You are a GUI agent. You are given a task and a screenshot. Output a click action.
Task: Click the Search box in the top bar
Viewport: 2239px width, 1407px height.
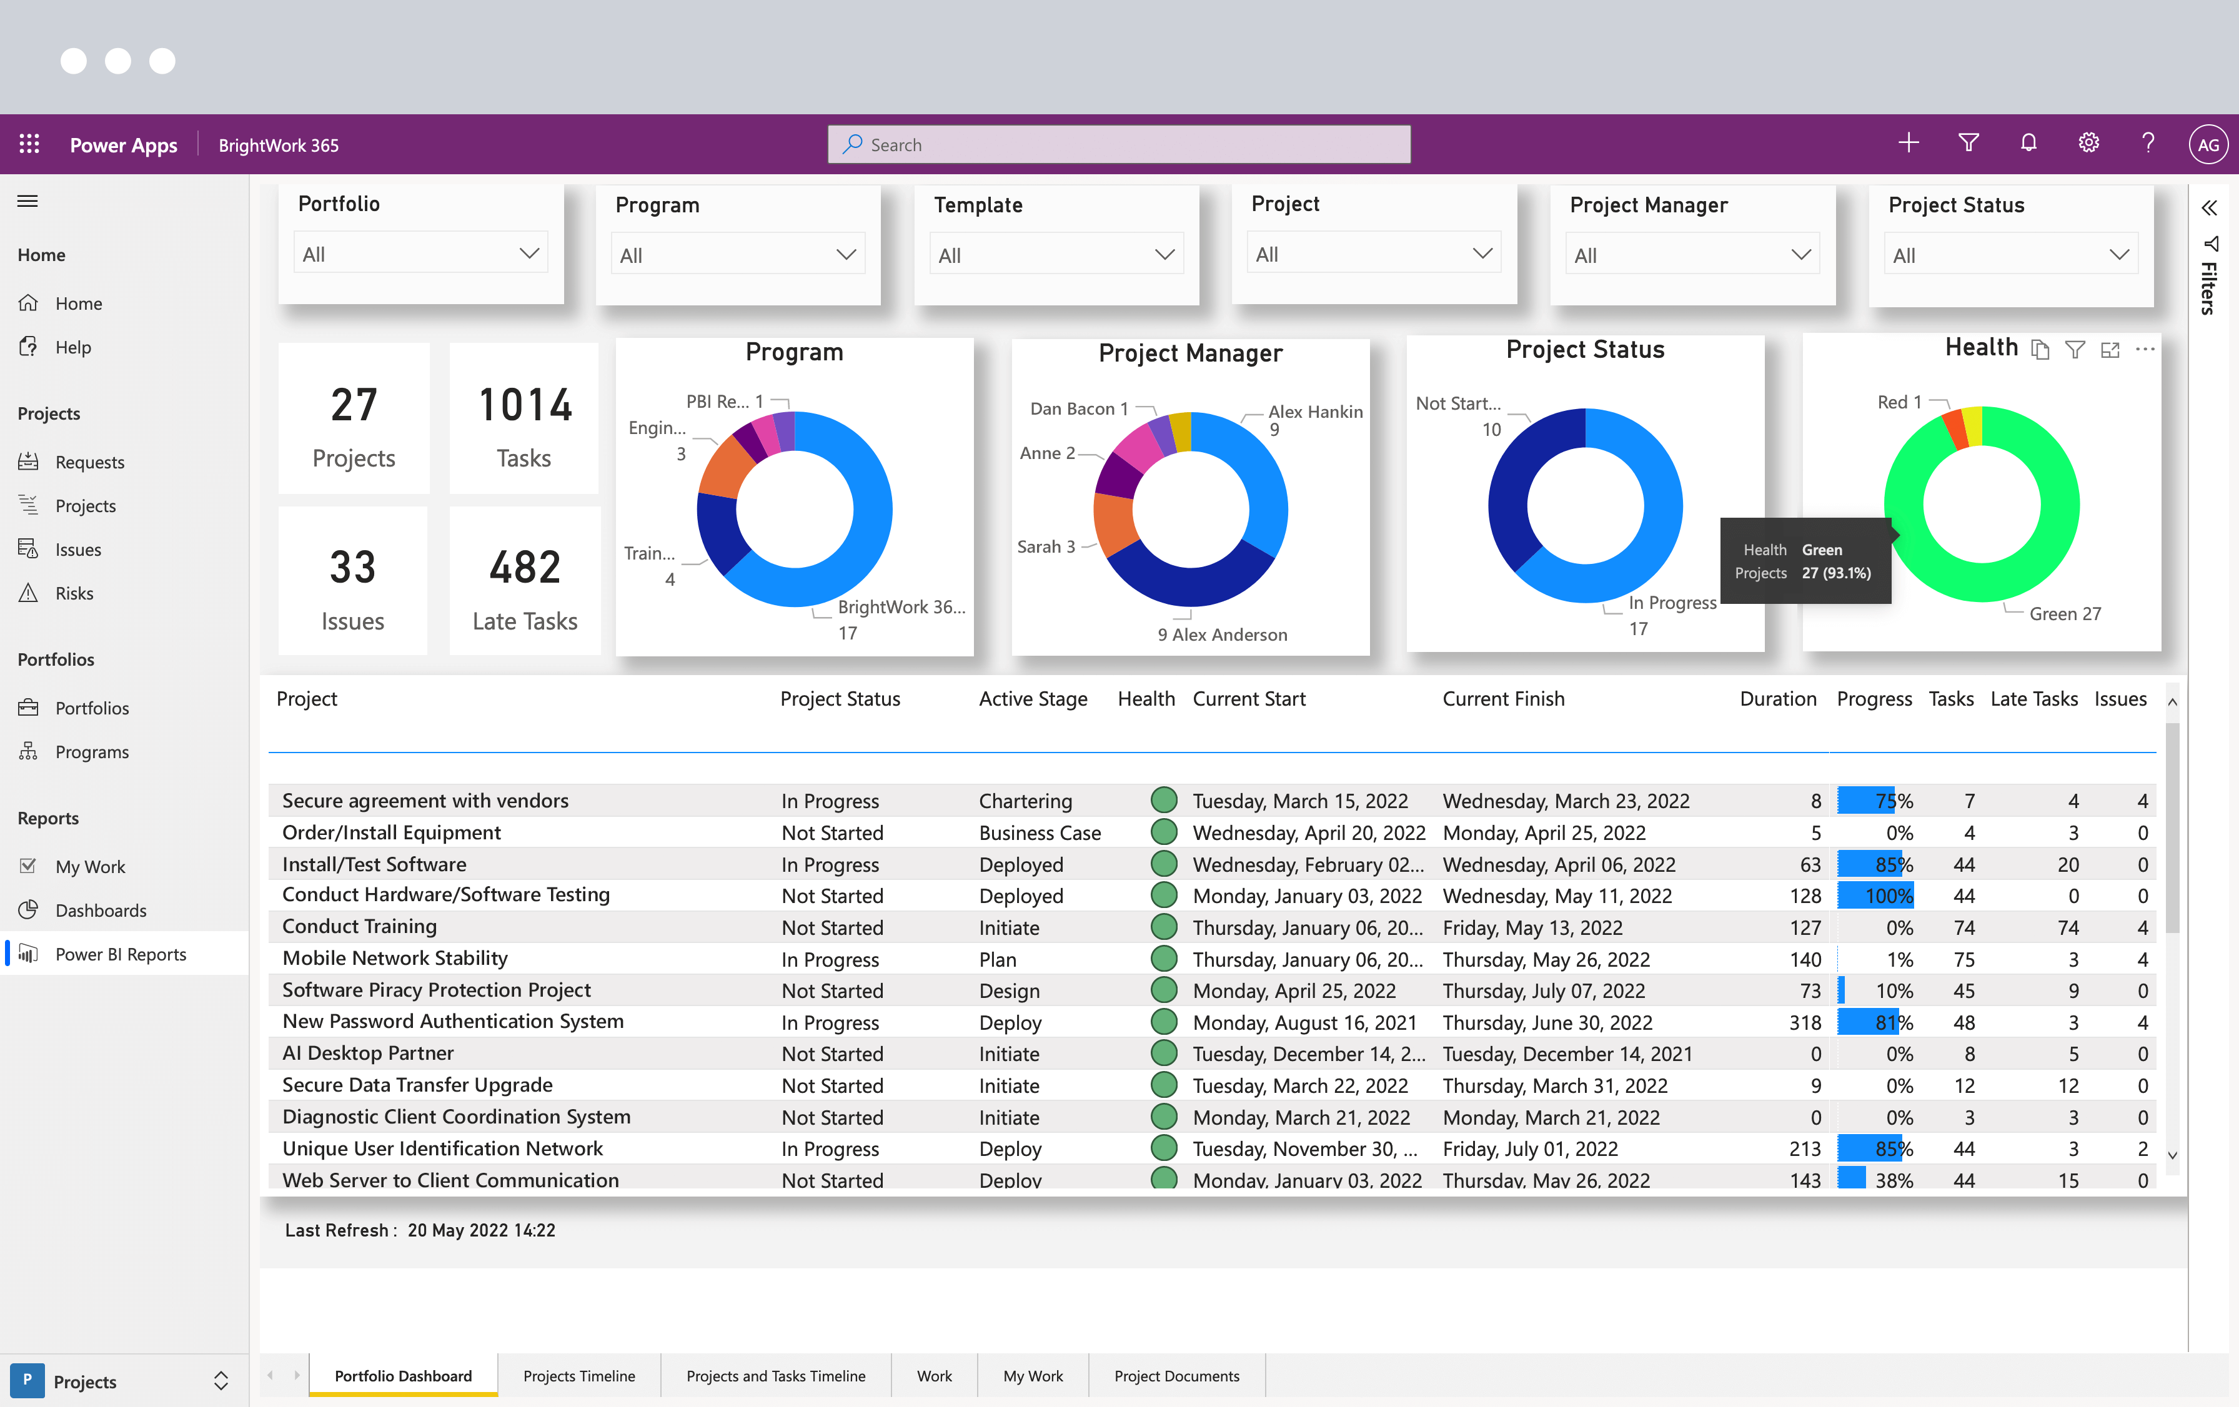point(1119,145)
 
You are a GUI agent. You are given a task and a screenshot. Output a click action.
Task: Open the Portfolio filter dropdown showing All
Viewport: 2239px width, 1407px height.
point(421,254)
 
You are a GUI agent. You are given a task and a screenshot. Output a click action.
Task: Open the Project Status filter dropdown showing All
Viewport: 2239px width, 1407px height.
point(2010,255)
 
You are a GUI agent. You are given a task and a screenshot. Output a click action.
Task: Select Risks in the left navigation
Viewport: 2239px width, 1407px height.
point(74,593)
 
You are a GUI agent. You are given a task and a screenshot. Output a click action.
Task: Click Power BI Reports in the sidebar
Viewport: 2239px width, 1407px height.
point(121,954)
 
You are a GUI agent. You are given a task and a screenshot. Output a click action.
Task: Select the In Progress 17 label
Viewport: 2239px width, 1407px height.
point(1671,615)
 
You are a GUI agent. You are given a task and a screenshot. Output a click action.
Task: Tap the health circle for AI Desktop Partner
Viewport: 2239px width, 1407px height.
point(1163,1053)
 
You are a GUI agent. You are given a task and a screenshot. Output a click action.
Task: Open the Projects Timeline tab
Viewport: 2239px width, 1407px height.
point(578,1375)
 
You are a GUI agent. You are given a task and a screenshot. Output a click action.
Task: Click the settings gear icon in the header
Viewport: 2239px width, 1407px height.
point(2088,143)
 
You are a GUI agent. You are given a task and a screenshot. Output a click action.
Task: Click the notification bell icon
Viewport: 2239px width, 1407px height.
point(2029,143)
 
